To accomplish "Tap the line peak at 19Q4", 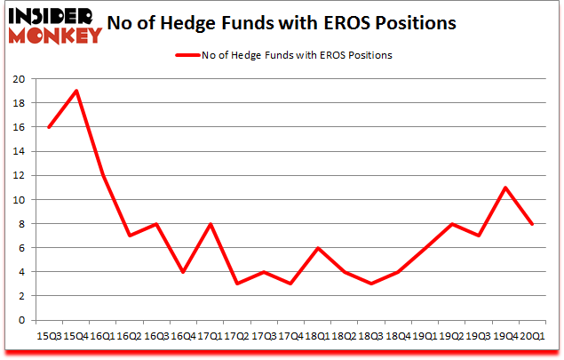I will [504, 188].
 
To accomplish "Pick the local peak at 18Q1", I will [319, 248].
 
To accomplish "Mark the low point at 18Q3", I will [371, 284].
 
